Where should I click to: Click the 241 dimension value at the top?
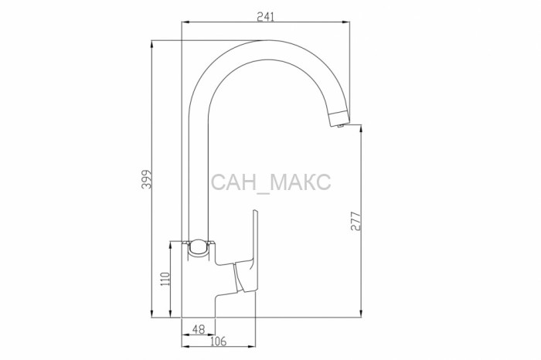coord(265,16)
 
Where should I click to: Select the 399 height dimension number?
coord(147,179)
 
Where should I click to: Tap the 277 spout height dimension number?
coord(356,222)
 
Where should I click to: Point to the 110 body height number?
coord(165,279)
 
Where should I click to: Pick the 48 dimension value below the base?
coord(199,329)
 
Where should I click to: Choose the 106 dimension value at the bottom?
coord(218,341)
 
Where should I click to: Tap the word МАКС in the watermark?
coord(300,182)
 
